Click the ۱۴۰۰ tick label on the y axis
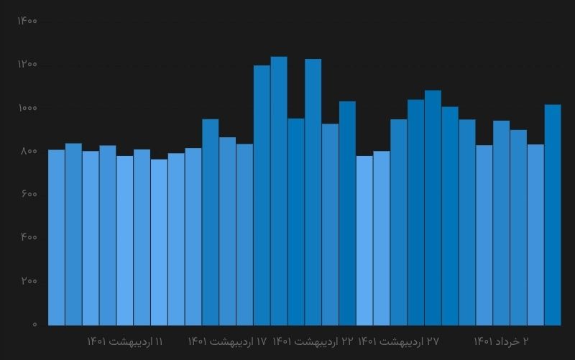27,21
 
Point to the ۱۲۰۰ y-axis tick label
27,65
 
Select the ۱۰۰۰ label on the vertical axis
27,108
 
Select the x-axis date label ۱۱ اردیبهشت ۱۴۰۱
125,341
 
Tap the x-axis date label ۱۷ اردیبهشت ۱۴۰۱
227,341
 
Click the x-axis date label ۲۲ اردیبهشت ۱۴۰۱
313,341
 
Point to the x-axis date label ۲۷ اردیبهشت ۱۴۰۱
398,341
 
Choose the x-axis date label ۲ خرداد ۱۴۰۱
501,341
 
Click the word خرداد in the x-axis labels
507,341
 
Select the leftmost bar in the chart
56,237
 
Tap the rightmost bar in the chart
552,216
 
